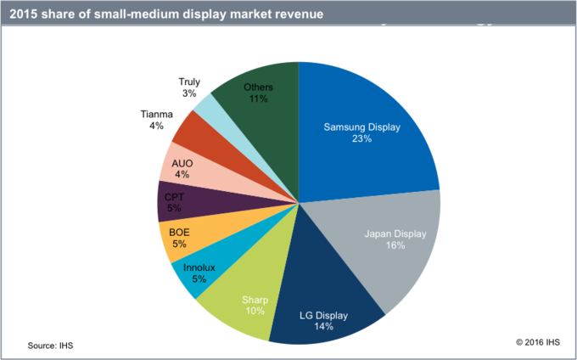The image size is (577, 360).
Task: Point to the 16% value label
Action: click(395, 245)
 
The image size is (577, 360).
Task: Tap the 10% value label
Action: click(255, 311)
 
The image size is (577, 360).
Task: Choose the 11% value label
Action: click(258, 98)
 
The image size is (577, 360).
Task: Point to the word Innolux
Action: click(199, 267)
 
